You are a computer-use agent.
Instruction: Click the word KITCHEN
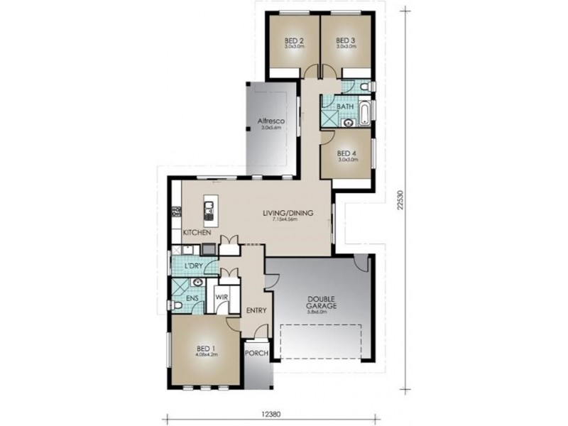[197, 233]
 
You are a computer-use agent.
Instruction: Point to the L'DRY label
[194, 266]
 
